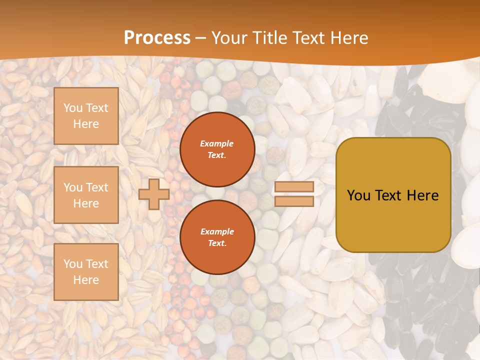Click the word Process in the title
point(157,38)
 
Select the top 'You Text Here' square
point(86,116)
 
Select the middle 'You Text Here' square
point(86,195)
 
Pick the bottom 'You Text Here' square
point(86,271)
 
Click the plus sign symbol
point(154,194)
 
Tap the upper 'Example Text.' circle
point(217,149)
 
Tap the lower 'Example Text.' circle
point(217,237)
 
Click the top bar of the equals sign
point(294,187)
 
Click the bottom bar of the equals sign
point(294,201)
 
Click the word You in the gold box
point(359,195)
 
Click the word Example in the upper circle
point(217,143)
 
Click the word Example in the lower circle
point(217,231)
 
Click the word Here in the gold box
point(423,195)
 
